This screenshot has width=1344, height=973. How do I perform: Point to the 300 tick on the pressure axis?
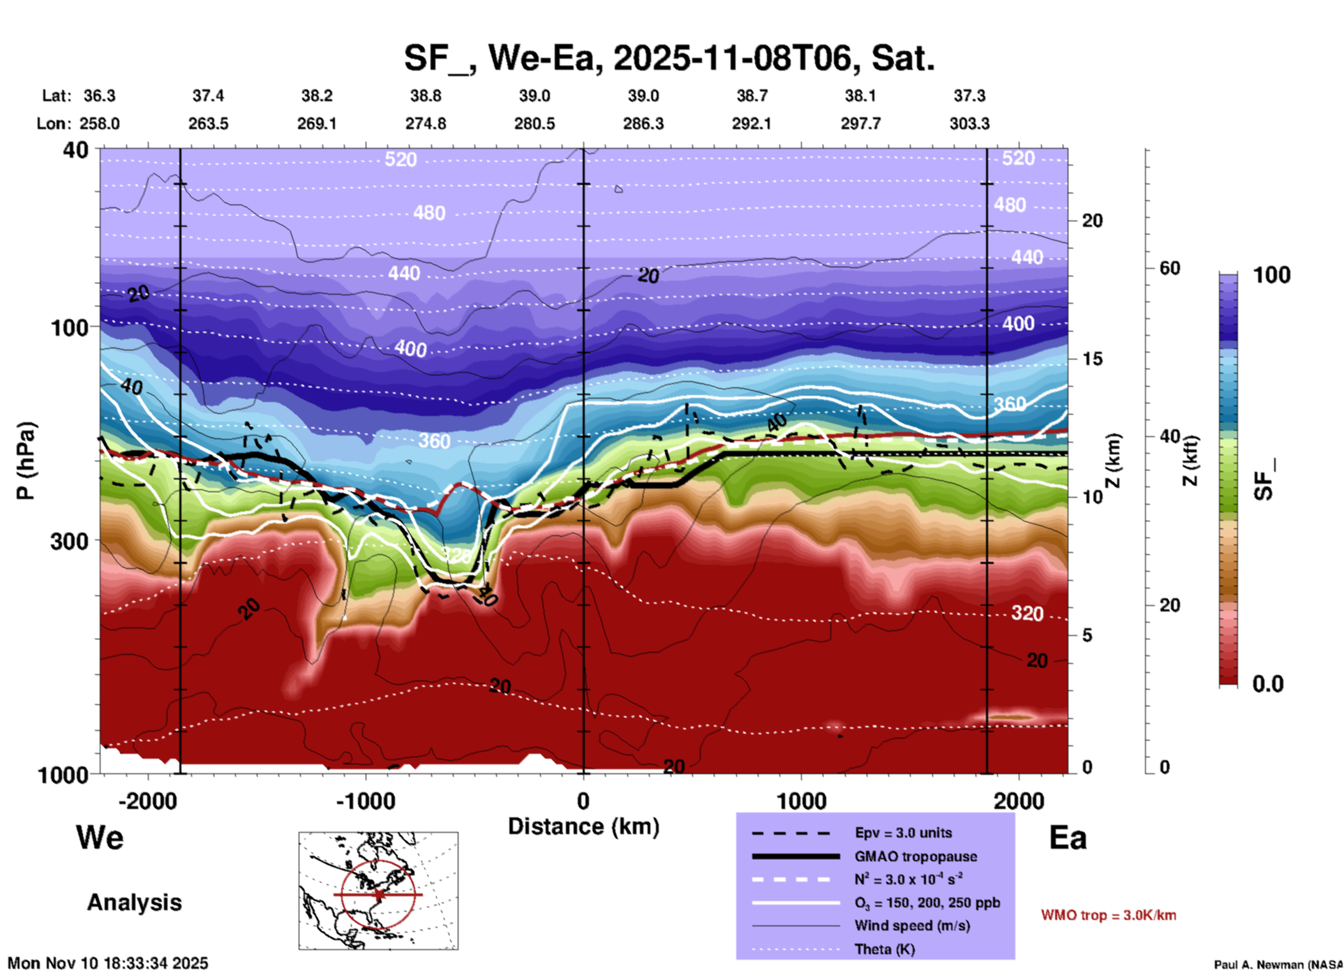[69, 541]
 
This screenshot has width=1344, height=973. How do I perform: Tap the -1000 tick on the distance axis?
[366, 801]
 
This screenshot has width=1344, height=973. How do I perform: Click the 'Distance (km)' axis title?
[583, 826]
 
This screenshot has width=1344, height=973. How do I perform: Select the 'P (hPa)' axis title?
[26, 461]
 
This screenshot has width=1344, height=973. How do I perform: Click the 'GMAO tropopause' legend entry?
[915, 856]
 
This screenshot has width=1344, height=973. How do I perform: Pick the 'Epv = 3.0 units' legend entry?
[903, 833]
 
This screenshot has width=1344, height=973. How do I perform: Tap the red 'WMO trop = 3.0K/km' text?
[1108, 915]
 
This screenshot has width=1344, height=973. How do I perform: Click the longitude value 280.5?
[535, 124]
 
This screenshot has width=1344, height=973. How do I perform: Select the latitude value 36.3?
[100, 96]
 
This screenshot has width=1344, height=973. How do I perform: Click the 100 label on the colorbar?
[1271, 275]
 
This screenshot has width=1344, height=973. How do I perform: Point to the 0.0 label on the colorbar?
[1268, 684]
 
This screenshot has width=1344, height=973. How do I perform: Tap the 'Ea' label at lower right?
[1067, 838]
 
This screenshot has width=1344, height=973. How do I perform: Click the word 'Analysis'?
[134, 903]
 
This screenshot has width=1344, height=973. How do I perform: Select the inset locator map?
[378, 891]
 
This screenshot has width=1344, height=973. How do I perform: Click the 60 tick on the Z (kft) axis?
[1170, 268]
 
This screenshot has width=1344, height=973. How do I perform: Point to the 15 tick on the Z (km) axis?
[1091, 359]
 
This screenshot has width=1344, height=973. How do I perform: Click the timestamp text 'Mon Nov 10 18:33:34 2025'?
[108, 963]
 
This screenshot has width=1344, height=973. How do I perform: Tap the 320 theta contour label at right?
[1027, 614]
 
